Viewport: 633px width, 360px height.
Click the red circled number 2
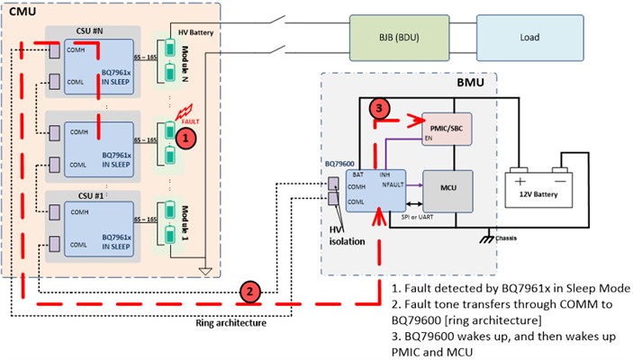(251, 291)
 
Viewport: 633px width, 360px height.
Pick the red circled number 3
(381, 109)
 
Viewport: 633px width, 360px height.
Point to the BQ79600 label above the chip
(340, 165)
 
